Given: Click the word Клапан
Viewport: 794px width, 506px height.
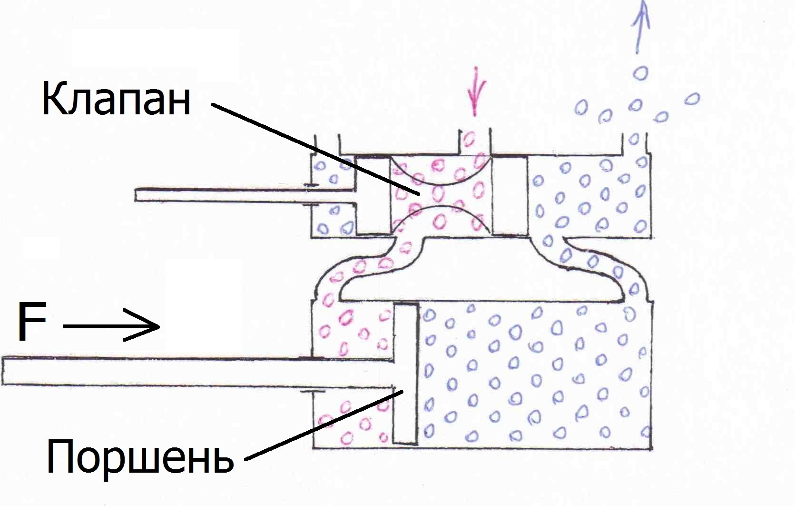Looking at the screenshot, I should coord(116,99).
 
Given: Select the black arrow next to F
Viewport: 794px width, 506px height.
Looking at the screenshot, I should coord(112,326).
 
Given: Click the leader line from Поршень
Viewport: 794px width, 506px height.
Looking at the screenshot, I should coord(323,425).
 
